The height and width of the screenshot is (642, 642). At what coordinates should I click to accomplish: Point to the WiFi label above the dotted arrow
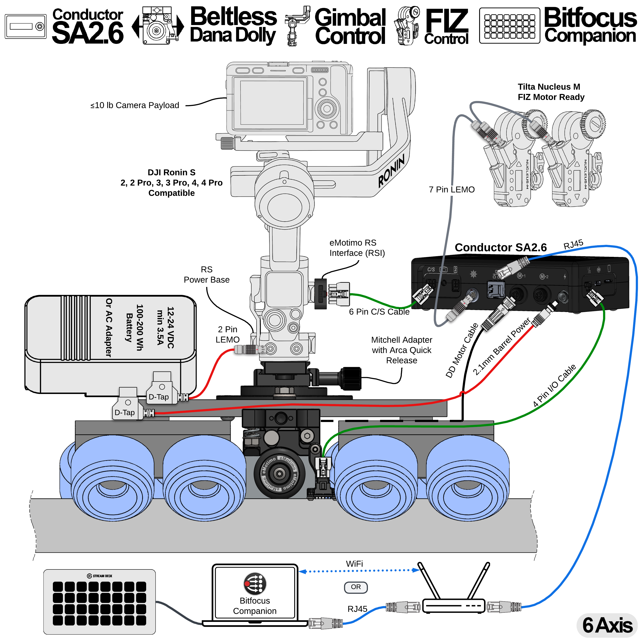[x=354, y=564]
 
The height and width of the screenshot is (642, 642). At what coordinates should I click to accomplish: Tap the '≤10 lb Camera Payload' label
[x=135, y=105]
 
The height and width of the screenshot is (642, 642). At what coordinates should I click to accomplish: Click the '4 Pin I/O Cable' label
[x=554, y=385]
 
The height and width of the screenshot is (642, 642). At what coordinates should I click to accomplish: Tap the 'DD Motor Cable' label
[x=462, y=350]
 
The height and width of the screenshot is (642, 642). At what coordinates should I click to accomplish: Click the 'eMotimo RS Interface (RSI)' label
[x=357, y=248]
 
